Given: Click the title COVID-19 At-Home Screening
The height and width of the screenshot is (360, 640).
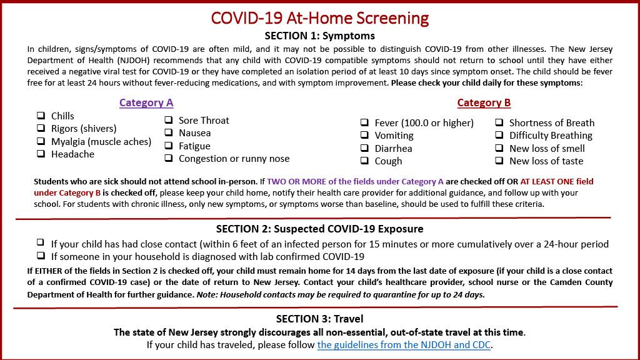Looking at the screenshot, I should click(x=319, y=17).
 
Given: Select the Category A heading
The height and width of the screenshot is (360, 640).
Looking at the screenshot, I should click(x=146, y=102).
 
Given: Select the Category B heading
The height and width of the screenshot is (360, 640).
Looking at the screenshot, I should click(x=484, y=102).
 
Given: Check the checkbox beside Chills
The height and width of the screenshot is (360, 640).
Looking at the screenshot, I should click(x=41, y=116).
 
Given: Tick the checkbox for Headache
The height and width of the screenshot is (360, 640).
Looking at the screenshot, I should click(x=41, y=154).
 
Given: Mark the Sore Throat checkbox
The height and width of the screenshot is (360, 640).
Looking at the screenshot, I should click(x=169, y=120).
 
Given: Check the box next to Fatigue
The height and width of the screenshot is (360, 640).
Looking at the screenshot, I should click(x=169, y=146).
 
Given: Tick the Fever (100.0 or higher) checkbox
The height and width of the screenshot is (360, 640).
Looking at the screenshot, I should click(x=364, y=122).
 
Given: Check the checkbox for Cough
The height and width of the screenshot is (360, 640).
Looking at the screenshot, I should click(x=364, y=161).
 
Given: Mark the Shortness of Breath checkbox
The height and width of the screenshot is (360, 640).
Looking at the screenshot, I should click(x=499, y=122).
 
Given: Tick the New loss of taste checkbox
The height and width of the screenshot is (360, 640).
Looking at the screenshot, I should click(x=499, y=161).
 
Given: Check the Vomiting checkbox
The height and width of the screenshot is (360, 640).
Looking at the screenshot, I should click(x=364, y=135).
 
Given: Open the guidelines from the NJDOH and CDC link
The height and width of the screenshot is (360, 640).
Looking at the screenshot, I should click(x=404, y=344).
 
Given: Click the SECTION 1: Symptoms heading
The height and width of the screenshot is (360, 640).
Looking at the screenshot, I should click(x=319, y=36).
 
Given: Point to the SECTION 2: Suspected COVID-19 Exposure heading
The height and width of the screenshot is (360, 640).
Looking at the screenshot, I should click(x=319, y=229).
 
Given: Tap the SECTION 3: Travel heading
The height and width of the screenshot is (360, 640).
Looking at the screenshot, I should click(x=319, y=319).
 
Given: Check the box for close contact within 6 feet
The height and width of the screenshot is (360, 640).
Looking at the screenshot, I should click(x=41, y=242).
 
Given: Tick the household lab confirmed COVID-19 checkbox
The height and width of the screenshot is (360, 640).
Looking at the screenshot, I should click(x=41, y=256).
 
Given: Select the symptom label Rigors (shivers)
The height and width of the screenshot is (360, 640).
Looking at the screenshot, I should click(x=84, y=129).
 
